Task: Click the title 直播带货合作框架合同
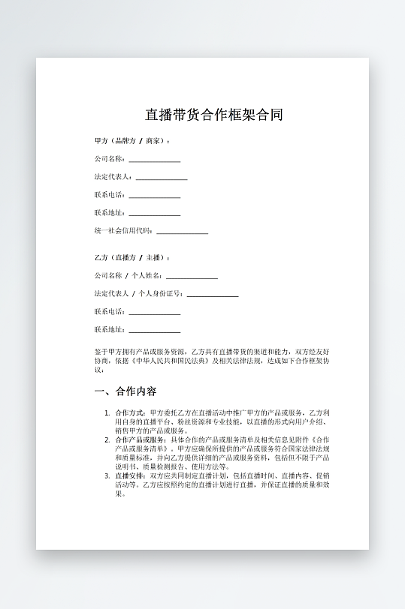213,115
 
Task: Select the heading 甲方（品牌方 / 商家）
131,140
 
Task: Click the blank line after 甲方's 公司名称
154,160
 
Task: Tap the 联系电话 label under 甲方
109,195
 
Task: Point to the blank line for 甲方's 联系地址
154,214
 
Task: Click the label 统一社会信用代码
123,231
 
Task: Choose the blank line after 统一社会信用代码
182,232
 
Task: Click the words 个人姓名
147,276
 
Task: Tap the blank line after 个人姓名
192,277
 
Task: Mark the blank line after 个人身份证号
213,295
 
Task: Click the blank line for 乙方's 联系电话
154,313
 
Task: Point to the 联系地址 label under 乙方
109,330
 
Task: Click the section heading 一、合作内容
125,391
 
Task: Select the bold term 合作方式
131,412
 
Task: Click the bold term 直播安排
131,475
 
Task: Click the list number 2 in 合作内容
107,439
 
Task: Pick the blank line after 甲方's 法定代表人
161,178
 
